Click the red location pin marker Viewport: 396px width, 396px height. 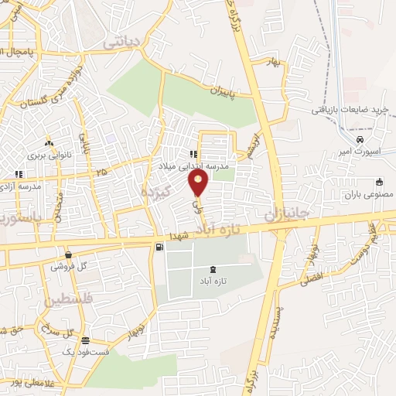(199, 183)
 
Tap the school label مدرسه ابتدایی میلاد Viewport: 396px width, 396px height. (205, 166)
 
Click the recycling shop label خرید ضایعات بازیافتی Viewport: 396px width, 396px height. (352, 110)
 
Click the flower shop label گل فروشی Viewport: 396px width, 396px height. (69, 266)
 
